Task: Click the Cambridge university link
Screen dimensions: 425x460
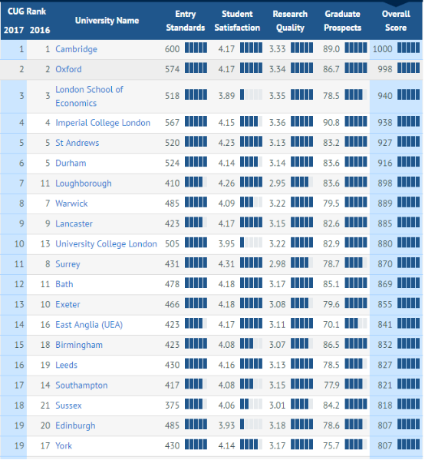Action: point(76,49)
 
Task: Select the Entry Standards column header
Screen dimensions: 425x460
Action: point(185,21)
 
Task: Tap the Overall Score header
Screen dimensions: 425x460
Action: point(396,21)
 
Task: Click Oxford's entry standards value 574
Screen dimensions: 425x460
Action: point(172,69)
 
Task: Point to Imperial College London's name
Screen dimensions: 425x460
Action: point(103,123)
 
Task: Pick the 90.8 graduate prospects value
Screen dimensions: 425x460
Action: point(331,122)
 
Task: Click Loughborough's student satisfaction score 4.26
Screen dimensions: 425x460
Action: point(226,183)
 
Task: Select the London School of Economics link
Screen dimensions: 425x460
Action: point(89,96)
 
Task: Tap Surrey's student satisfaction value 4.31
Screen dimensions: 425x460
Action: point(226,264)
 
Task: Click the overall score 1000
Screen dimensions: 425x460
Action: point(382,48)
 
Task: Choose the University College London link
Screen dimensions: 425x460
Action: point(106,243)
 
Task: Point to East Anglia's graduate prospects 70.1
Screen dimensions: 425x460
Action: point(331,325)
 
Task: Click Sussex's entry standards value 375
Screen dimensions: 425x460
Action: point(172,405)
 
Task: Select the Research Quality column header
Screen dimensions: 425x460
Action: point(290,21)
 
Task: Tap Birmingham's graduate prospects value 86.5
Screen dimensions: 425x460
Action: point(331,345)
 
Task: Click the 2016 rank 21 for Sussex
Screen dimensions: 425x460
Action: point(45,405)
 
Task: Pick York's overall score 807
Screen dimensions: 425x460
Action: point(385,445)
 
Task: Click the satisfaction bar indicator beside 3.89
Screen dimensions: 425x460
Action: point(251,94)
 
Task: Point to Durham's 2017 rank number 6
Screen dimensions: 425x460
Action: point(21,163)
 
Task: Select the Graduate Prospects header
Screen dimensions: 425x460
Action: point(342,21)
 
